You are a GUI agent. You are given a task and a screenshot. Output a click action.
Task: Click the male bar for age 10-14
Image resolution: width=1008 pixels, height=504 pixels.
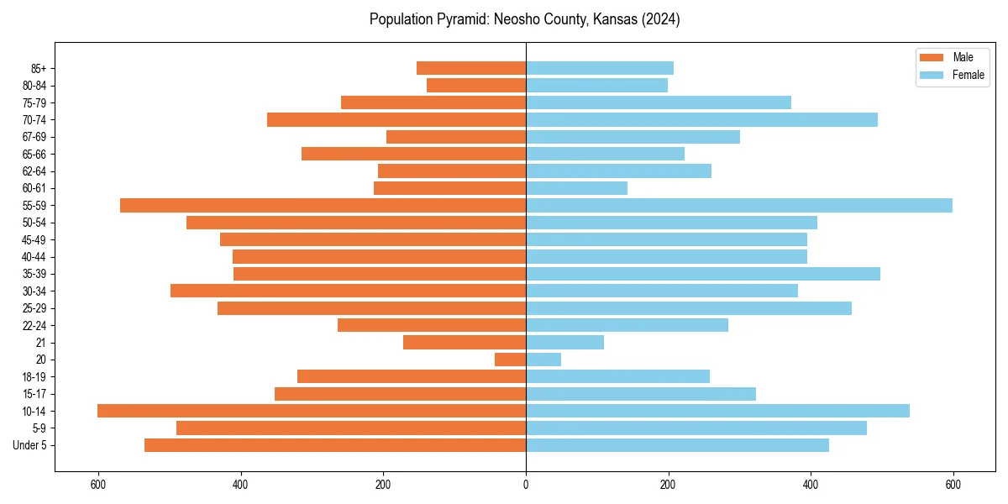pyautogui.click(x=311, y=411)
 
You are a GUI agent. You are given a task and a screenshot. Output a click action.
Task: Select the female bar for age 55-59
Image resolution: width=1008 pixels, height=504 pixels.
pyautogui.click(x=739, y=205)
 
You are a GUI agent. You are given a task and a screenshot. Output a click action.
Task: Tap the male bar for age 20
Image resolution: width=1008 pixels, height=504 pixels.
pyautogui.click(x=510, y=360)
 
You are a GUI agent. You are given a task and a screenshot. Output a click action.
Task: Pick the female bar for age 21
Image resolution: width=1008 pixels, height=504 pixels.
pyautogui.click(x=564, y=342)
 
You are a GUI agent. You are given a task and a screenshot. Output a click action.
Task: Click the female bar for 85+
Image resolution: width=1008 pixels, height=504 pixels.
pyautogui.click(x=600, y=68)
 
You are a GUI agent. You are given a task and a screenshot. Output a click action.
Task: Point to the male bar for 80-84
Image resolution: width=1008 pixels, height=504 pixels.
pyautogui.click(x=476, y=85)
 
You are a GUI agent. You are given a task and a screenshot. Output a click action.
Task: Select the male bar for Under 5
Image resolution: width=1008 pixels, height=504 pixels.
pyautogui.click(x=335, y=445)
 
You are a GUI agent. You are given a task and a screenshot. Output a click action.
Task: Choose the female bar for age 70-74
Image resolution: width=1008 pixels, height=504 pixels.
pyautogui.click(x=701, y=119)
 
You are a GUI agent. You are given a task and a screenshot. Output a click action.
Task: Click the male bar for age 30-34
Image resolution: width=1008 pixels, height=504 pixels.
pyautogui.click(x=348, y=291)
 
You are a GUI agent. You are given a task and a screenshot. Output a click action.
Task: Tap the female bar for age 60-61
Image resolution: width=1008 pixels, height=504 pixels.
pyautogui.click(x=576, y=188)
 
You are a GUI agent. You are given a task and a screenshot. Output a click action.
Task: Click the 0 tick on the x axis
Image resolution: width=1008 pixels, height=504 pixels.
pyautogui.click(x=526, y=484)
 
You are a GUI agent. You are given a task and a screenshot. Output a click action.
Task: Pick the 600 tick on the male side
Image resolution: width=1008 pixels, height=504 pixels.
pyautogui.click(x=98, y=484)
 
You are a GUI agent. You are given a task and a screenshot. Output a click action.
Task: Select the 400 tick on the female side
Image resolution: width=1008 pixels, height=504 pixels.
pyautogui.click(x=811, y=484)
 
